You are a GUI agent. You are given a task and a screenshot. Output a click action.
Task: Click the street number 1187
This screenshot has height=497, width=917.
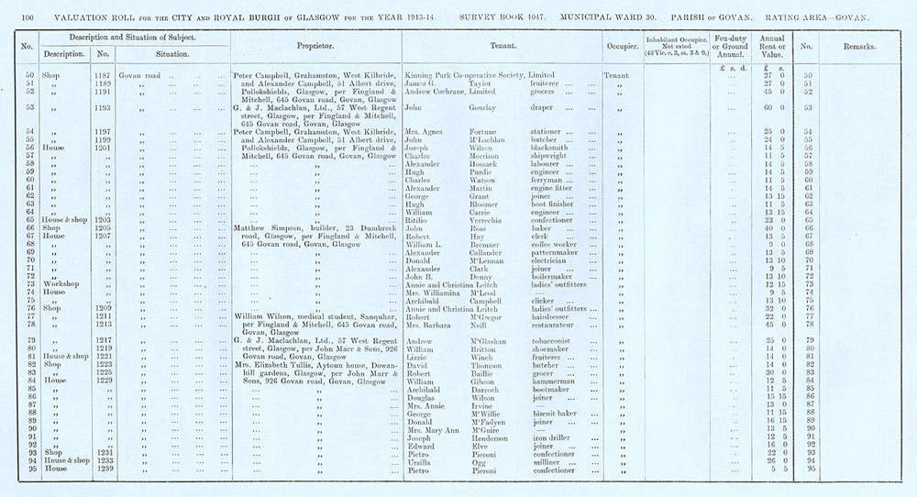click(x=103, y=74)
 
